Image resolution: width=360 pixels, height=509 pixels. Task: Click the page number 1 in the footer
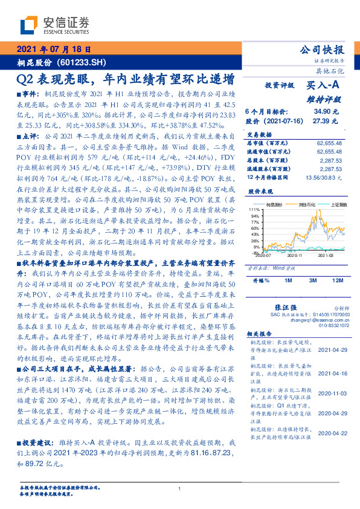179,489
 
